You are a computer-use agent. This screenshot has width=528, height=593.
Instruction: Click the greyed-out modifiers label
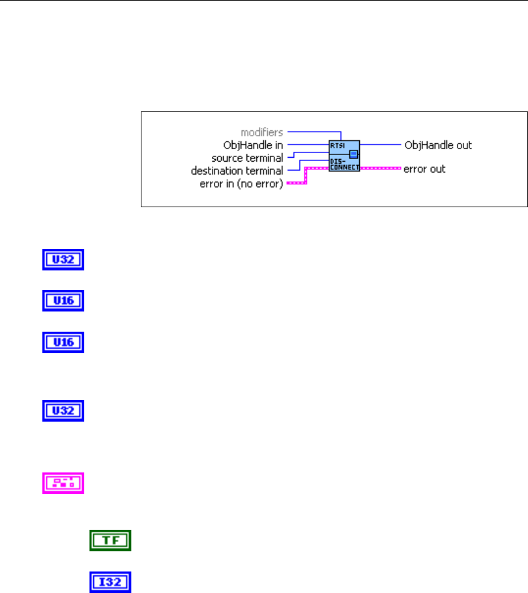pyautogui.click(x=263, y=132)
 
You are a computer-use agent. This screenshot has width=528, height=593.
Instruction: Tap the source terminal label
pyautogui.click(x=248, y=158)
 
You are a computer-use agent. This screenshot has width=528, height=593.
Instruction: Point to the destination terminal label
pyautogui.click(x=237, y=171)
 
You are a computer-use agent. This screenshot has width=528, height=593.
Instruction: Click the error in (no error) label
pyautogui.click(x=241, y=184)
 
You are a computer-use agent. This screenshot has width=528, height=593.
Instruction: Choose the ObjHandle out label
pyautogui.click(x=438, y=145)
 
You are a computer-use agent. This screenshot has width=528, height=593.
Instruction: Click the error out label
pyautogui.click(x=424, y=169)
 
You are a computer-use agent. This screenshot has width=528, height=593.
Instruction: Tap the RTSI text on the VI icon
pyautogui.click(x=336, y=146)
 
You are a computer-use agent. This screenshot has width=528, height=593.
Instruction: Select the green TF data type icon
pyautogui.click(x=110, y=540)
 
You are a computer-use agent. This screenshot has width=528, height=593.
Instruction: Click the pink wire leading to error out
pyautogui.click(x=381, y=168)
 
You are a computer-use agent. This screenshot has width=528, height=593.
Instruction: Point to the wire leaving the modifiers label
pyautogui.click(x=313, y=132)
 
